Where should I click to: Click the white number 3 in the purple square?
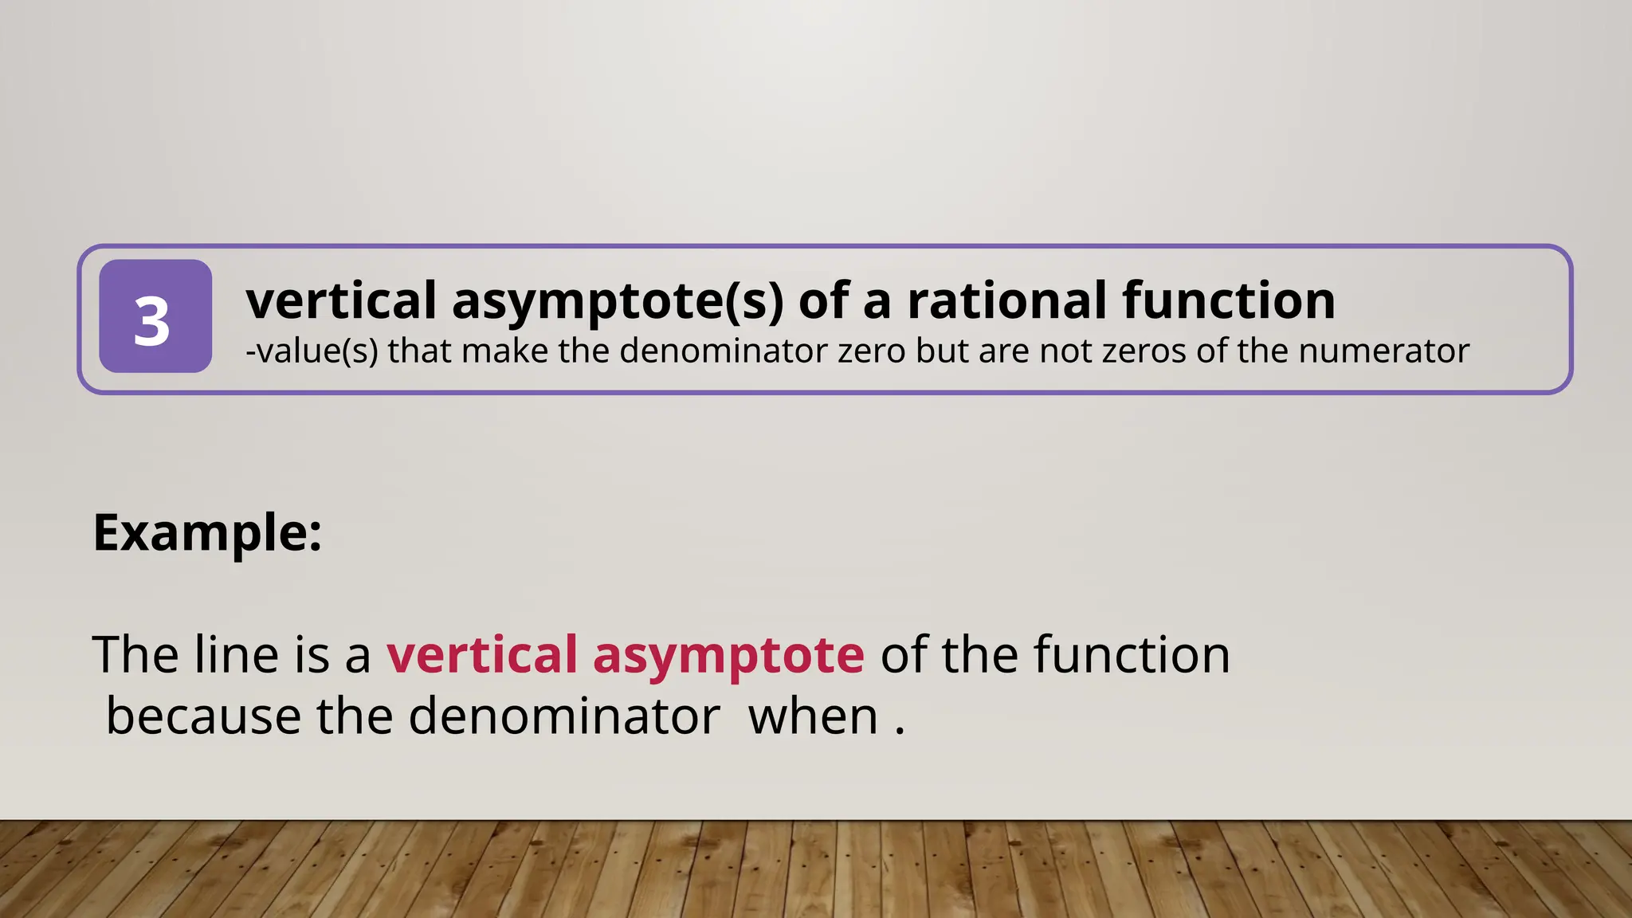(151, 322)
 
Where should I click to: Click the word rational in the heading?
(1007, 300)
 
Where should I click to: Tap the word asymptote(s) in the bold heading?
(618, 302)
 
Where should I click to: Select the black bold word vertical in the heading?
(341, 300)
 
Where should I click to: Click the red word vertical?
(482, 654)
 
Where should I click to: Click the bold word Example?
(207, 532)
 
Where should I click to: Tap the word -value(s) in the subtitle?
(312, 351)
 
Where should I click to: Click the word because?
(203, 716)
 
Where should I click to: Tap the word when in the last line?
(813, 716)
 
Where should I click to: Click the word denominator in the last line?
(564, 716)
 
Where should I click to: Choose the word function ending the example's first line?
(1132, 654)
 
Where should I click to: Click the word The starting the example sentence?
(135, 654)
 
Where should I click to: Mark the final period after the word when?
(900, 731)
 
